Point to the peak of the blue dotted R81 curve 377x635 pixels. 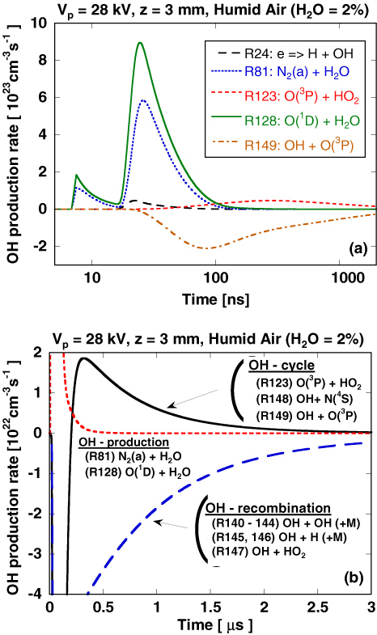(x=143, y=100)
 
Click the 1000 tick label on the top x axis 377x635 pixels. (x=325, y=284)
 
